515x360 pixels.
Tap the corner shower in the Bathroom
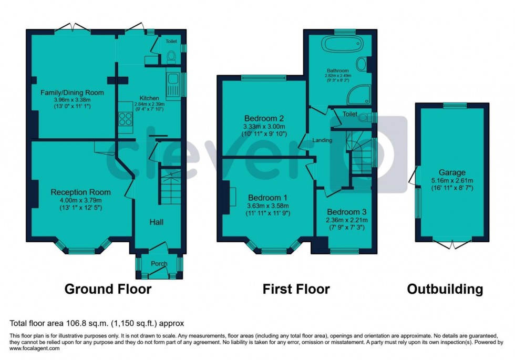(359, 94)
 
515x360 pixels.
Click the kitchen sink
(172, 85)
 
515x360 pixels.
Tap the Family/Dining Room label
(73, 92)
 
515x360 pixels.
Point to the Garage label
(452, 172)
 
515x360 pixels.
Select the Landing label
(322, 140)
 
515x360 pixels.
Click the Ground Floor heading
(108, 289)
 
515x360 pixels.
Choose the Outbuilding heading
(445, 289)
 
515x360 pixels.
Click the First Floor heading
(296, 289)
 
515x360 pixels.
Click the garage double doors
(452, 244)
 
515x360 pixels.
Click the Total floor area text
(96, 323)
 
